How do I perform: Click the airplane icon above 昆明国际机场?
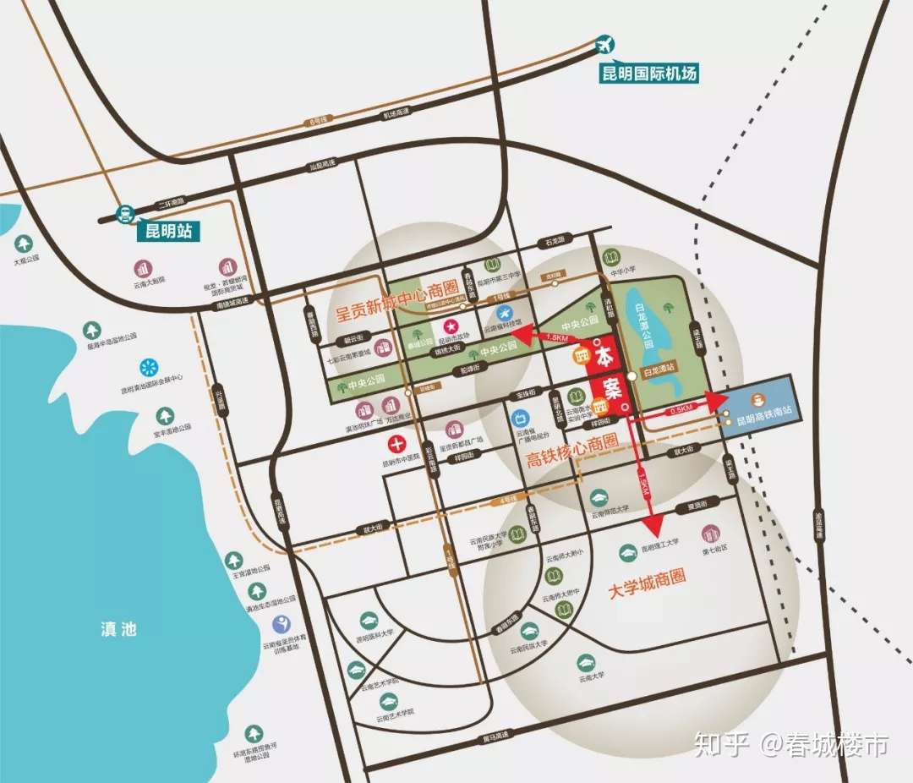pos(605,44)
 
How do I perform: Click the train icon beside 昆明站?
pos(125,214)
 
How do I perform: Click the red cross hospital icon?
pos(397,443)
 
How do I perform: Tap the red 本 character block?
pos(605,353)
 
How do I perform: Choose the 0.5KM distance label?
pos(681,409)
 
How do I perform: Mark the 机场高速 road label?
pos(396,112)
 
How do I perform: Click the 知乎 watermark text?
pos(721,745)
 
